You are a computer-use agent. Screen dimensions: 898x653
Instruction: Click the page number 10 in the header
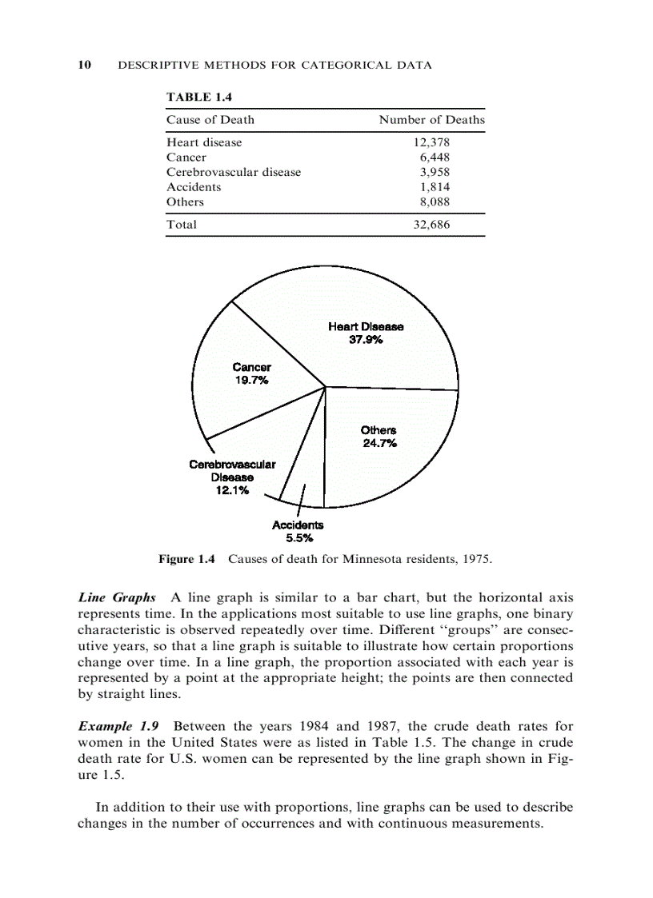click(x=83, y=65)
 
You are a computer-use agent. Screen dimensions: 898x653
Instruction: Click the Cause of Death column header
click(x=210, y=120)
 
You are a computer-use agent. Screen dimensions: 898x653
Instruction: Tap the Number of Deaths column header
click(x=431, y=120)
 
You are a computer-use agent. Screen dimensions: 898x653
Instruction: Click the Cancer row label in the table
click(x=186, y=158)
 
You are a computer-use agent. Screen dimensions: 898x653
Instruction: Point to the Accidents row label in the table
click(x=194, y=187)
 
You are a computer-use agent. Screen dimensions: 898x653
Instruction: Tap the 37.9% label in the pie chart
click(x=366, y=339)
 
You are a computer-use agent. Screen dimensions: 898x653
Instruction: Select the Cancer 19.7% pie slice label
click(x=251, y=373)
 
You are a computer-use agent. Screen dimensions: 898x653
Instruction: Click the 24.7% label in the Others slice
click(x=379, y=442)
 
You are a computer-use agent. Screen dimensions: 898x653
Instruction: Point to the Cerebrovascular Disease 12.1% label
click(x=232, y=477)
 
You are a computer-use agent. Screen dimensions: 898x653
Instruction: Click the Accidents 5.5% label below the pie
click(x=298, y=531)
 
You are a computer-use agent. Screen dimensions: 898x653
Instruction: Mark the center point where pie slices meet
click(x=326, y=386)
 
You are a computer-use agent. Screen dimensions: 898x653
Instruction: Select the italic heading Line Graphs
click(x=117, y=598)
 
